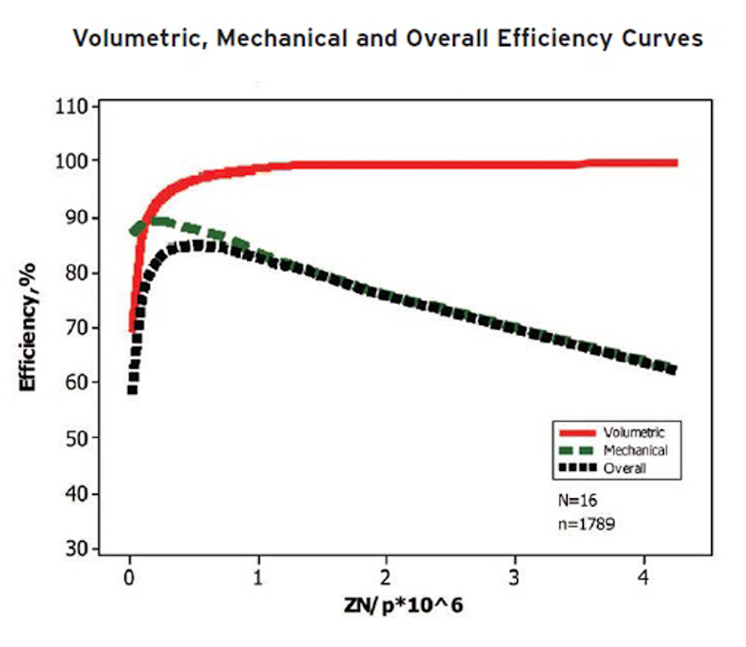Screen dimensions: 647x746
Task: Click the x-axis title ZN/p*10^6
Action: pyautogui.click(x=404, y=605)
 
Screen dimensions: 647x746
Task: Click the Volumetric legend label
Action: pyautogui.click(x=634, y=433)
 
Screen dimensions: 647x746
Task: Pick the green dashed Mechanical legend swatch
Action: pyautogui.click(x=577, y=450)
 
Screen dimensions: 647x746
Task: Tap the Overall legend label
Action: pyautogui.click(x=624, y=468)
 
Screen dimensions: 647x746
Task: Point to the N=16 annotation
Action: pyautogui.click(x=577, y=500)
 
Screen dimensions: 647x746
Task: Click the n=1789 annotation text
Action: pyautogui.click(x=586, y=524)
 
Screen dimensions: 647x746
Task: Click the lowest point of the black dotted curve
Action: pyautogui.click(x=132, y=390)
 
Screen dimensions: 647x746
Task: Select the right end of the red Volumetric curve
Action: pyautogui.click(x=676, y=163)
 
